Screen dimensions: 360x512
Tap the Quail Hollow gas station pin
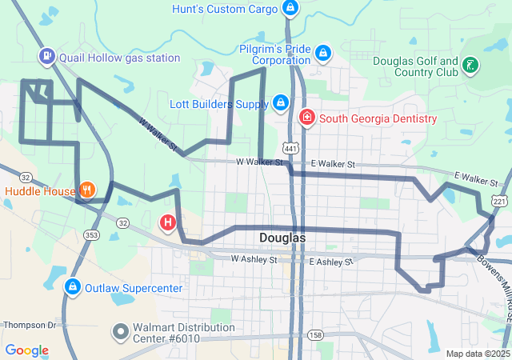pos(47,57)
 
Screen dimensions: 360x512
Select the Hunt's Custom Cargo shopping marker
pos(290,9)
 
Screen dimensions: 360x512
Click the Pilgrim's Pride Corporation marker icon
pos(322,53)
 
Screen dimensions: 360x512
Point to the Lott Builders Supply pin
pos(280,103)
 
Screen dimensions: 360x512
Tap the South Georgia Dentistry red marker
pos(306,118)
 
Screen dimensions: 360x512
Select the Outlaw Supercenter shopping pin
pos(72,286)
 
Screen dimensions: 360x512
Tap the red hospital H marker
pos(168,222)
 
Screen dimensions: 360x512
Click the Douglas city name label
pos(282,238)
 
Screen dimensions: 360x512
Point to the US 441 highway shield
pos(290,149)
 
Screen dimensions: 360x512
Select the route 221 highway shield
pos(500,202)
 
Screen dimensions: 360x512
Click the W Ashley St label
pos(254,259)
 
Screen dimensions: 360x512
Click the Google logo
pos(26,350)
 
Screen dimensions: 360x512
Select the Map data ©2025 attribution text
pos(477,354)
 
